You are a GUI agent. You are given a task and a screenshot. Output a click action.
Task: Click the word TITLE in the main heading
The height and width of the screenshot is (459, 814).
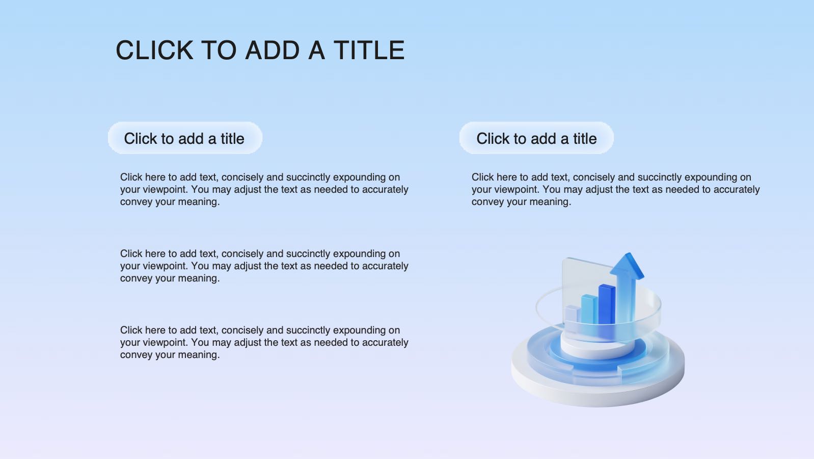[369, 50]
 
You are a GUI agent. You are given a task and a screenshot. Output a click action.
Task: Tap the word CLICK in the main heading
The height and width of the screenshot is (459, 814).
[154, 50]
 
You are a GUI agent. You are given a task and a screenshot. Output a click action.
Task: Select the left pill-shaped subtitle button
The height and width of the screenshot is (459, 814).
[185, 138]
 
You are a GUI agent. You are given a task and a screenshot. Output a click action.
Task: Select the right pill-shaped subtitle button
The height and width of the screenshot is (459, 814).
[536, 138]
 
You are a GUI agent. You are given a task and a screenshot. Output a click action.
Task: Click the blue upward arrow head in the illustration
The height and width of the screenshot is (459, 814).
[627, 266]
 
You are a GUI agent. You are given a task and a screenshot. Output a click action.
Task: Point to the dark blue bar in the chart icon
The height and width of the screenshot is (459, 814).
[607, 305]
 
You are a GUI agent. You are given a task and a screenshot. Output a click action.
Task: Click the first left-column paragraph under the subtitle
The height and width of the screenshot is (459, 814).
[264, 190]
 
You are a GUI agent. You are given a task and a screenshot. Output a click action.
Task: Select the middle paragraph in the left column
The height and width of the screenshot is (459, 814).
[264, 266]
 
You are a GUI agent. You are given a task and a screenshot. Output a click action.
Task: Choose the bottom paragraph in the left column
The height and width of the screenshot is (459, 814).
[264, 342]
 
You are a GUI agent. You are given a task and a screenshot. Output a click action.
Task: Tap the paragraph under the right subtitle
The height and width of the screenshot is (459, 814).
[615, 190]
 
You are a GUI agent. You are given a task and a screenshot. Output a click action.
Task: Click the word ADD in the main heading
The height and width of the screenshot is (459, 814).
[273, 50]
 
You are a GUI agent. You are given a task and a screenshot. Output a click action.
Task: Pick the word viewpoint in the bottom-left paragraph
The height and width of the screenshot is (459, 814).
[165, 343]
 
